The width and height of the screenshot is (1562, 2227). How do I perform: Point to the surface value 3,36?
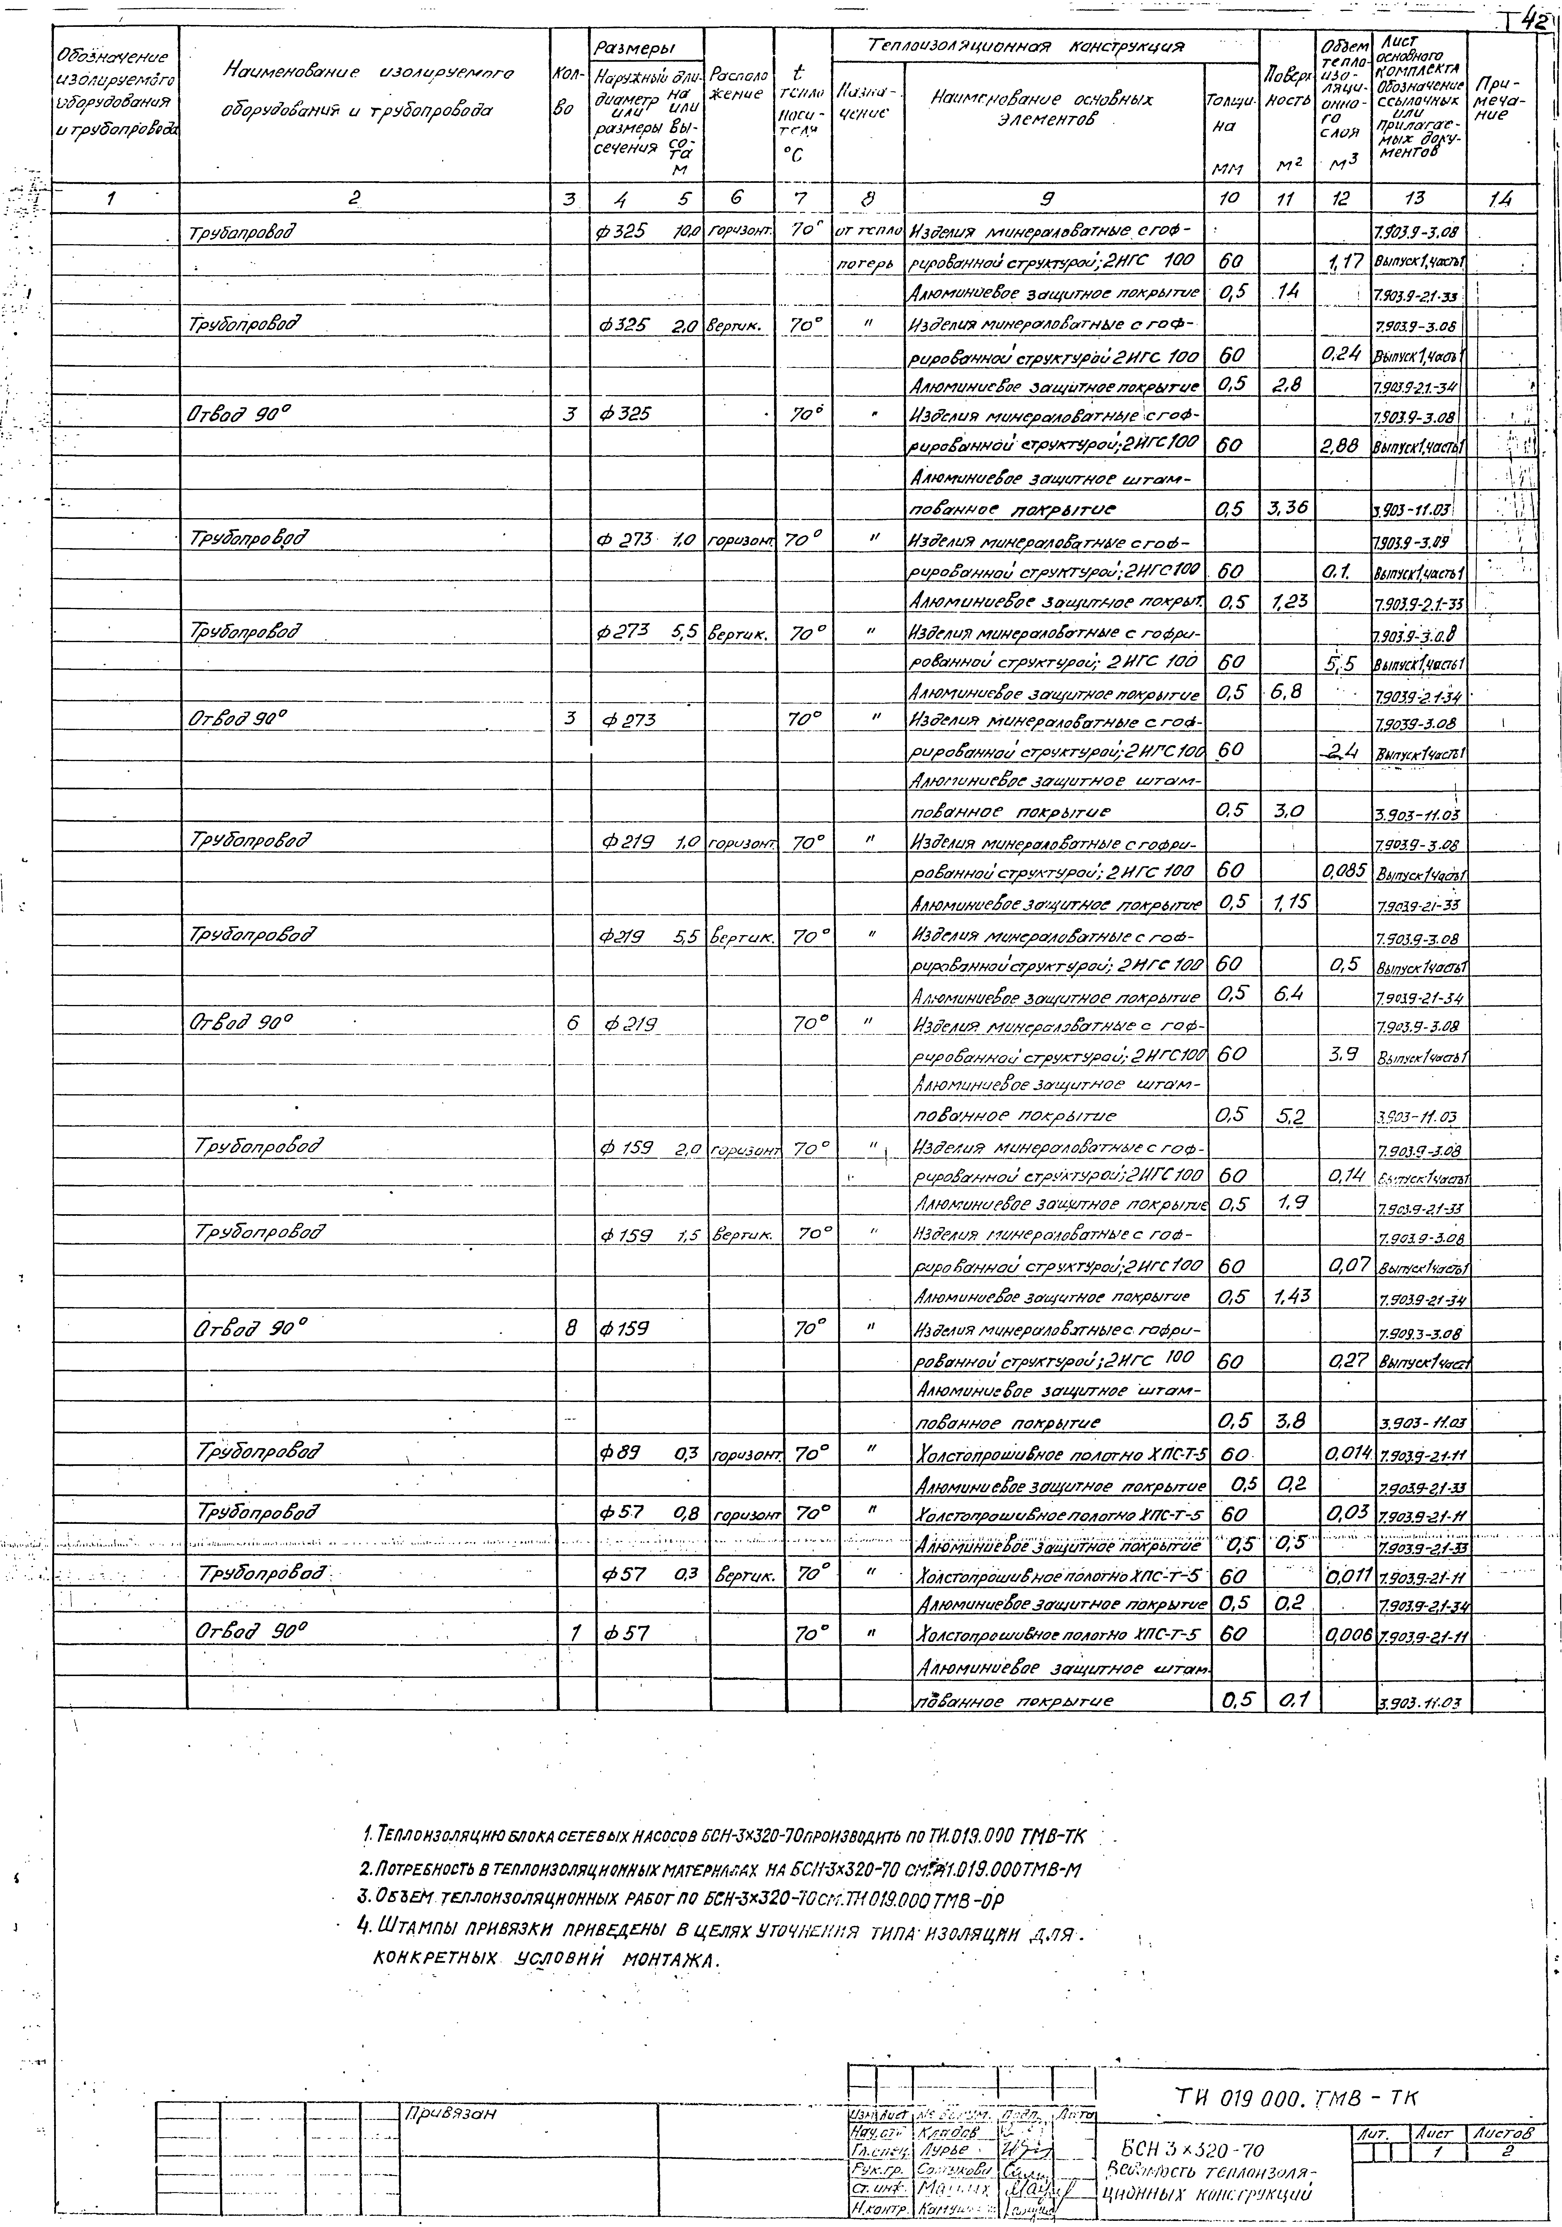(x=1286, y=507)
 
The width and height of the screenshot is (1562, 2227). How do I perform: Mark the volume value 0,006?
(x=1346, y=1634)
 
